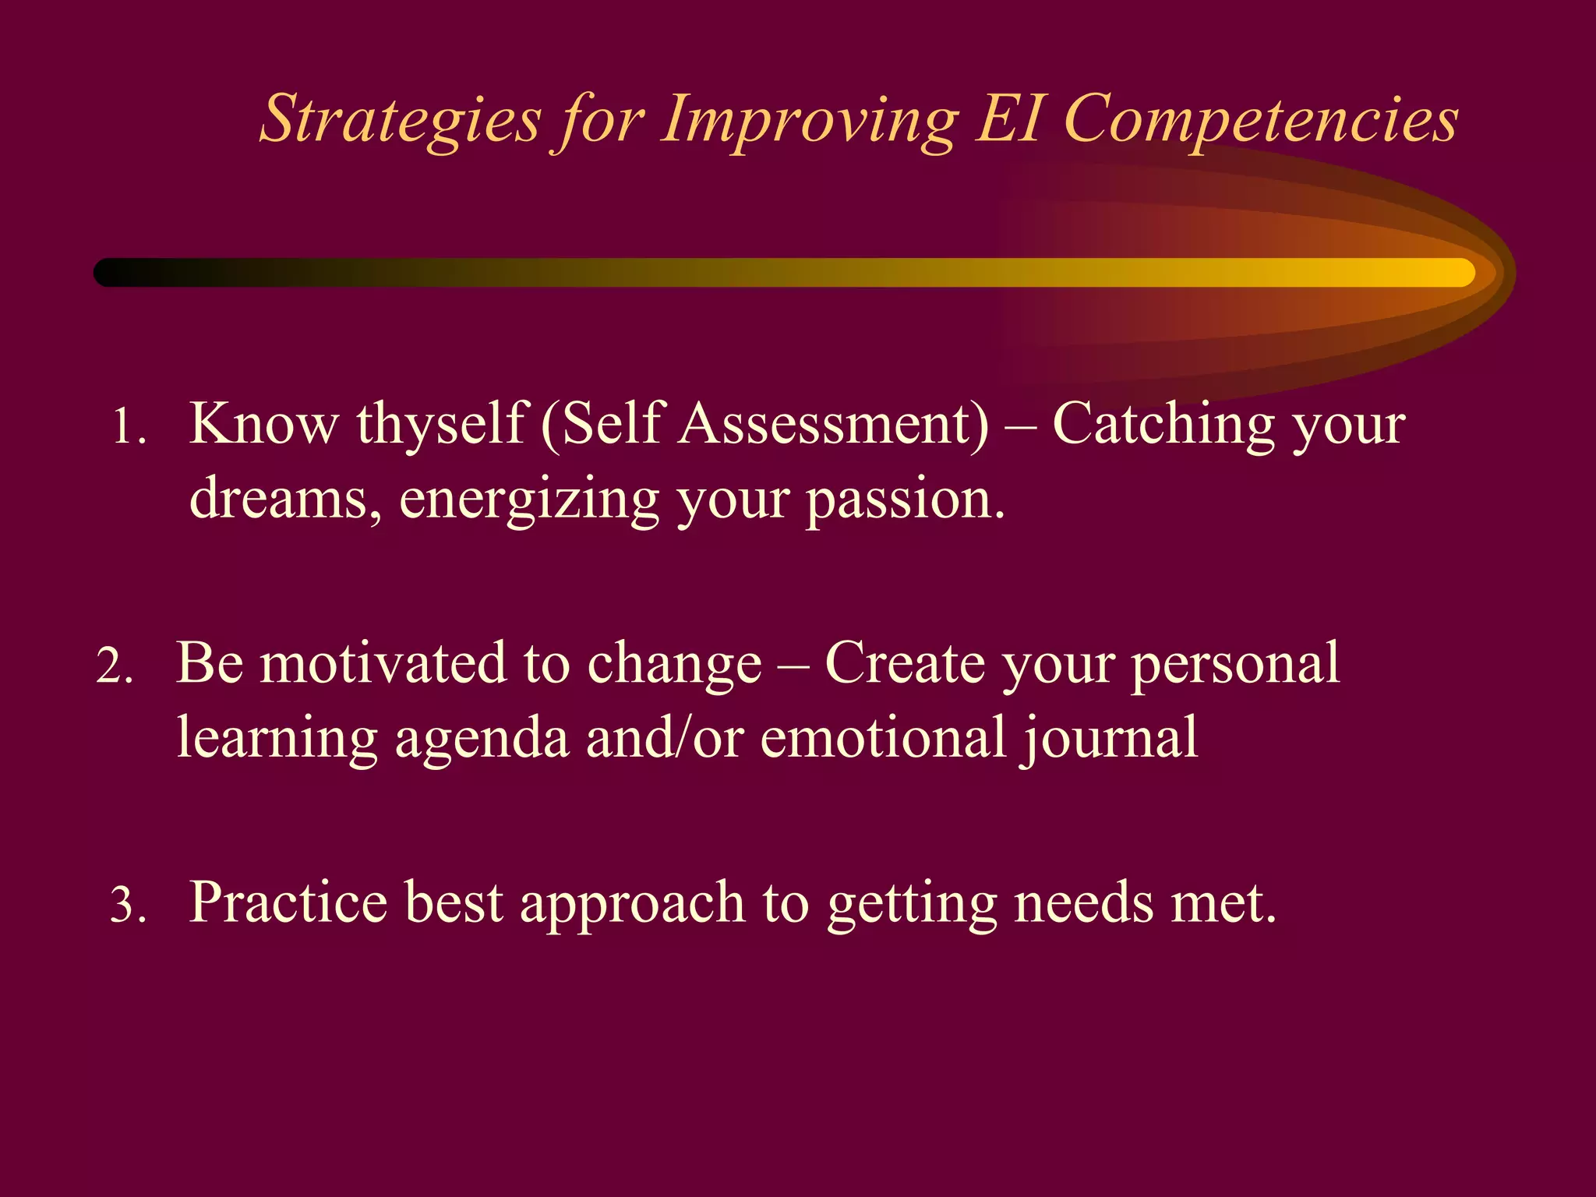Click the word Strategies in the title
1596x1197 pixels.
pos(400,121)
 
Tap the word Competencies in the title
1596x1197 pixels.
pos(1260,121)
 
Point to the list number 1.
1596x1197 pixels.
pos(128,428)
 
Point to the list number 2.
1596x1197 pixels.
pos(115,667)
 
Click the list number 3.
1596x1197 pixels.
pos(128,906)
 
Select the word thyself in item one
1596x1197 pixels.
pos(443,425)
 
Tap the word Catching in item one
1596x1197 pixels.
pos(1163,425)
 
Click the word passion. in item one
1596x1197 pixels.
pos(906,500)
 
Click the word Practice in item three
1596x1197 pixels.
pos(288,903)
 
